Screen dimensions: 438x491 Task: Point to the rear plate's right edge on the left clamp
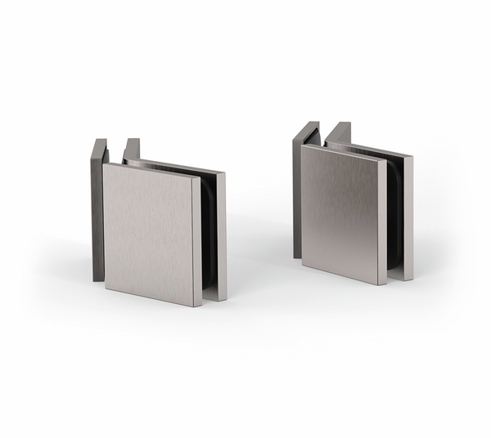click(222, 237)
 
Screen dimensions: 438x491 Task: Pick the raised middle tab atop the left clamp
click(131, 149)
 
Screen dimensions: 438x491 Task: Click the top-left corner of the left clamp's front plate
click(104, 165)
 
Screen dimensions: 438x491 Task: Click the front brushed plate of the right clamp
click(340, 212)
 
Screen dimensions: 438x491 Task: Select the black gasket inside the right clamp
click(393, 217)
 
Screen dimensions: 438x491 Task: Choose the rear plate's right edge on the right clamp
click(407, 217)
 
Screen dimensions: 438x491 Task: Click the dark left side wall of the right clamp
click(296, 196)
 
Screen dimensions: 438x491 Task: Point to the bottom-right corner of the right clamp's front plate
click(380, 283)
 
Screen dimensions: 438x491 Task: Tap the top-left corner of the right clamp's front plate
click(303, 147)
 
